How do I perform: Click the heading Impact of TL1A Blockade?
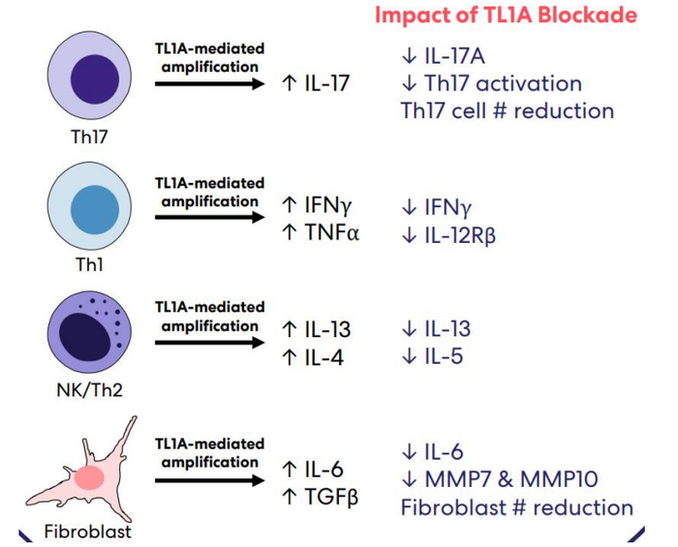click(506, 15)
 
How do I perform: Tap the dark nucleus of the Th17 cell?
click(95, 79)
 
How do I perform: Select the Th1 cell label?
click(89, 264)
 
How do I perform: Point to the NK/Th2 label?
click(89, 390)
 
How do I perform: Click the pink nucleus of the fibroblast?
click(89, 478)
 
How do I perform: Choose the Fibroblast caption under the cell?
click(88, 532)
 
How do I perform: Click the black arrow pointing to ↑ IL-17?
click(210, 84)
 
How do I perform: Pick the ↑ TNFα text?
click(321, 233)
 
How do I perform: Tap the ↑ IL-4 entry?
click(313, 358)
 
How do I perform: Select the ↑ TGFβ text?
click(320, 497)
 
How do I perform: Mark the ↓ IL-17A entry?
click(444, 56)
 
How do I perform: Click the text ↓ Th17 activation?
click(492, 83)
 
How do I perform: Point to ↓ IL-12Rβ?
click(448, 235)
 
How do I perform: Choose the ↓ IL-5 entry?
click(432, 356)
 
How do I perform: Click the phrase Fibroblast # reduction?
click(517, 507)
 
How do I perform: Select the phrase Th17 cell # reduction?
click(508, 111)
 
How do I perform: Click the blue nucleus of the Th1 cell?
click(95, 210)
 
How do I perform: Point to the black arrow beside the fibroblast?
click(210, 480)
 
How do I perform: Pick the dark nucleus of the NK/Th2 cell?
click(85, 337)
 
